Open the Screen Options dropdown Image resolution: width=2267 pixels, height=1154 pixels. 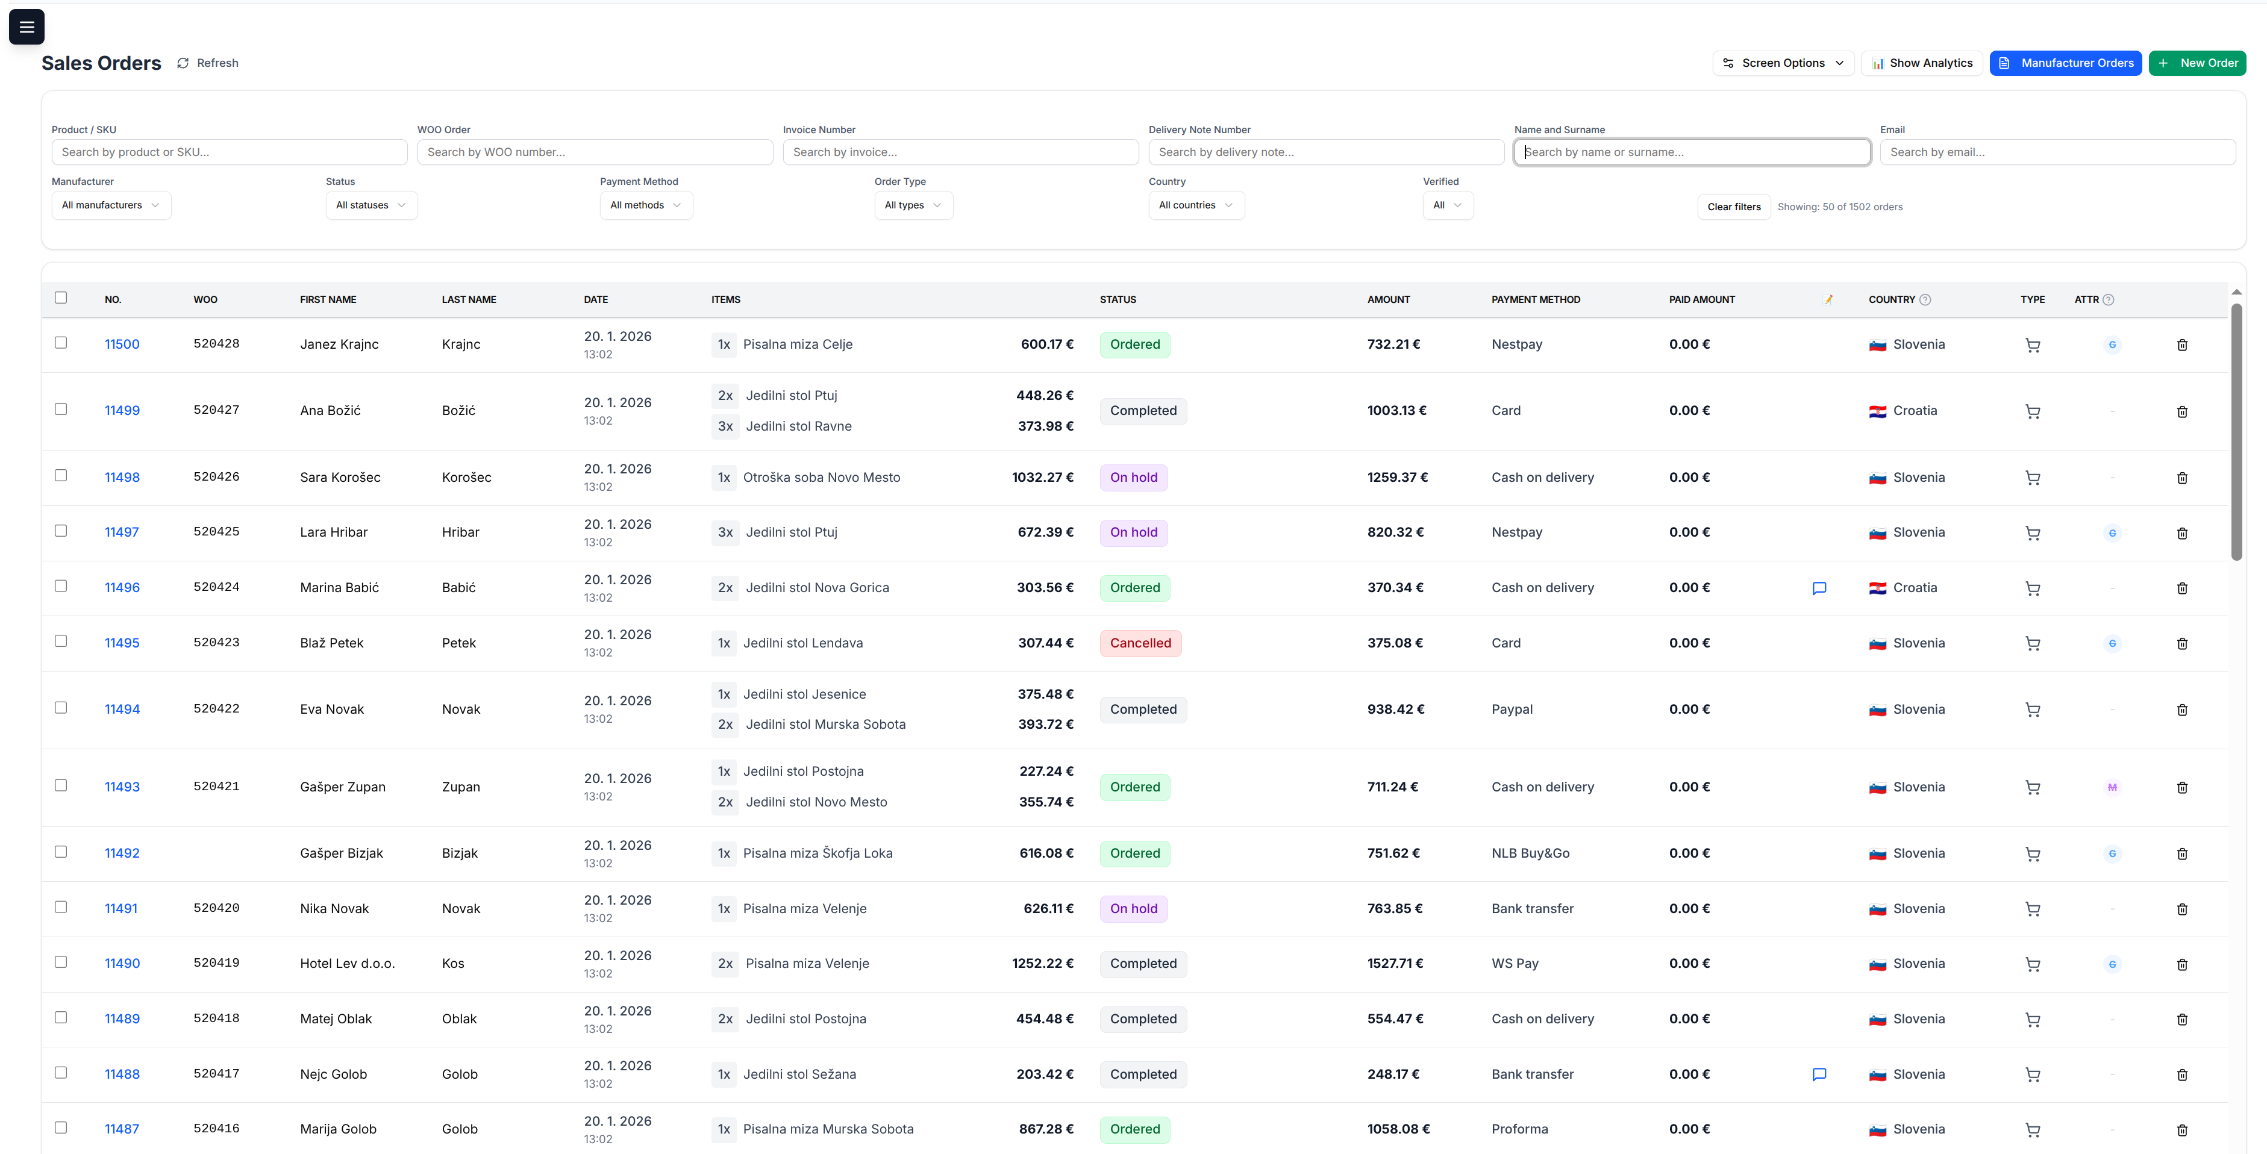(1783, 63)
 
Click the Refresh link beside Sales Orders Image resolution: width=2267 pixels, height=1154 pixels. (208, 63)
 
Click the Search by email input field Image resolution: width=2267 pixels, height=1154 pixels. (2057, 152)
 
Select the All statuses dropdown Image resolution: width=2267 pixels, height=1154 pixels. (371, 205)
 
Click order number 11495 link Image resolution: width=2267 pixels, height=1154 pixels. (122, 643)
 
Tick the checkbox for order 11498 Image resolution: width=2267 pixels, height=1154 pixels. (61, 476)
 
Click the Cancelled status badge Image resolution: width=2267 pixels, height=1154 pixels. (1140, 643)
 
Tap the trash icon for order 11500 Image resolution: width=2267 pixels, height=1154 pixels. (2181, 345)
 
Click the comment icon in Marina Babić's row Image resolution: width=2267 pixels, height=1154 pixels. (1819, 588)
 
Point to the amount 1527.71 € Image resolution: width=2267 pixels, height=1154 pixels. (1395, 963)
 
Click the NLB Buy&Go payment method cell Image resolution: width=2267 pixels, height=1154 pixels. (1530, 853)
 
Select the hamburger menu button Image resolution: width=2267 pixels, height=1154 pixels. (27, 27)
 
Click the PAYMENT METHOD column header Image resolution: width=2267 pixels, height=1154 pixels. (1536, 300)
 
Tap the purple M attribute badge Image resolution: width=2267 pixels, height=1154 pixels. (2111, 787)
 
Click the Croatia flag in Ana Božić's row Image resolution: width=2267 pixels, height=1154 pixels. (1877, 411)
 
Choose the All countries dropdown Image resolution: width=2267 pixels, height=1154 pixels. (1195, 205)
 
